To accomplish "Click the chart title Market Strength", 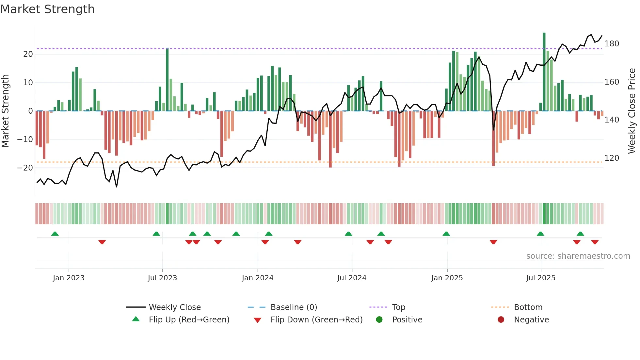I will [47, 9].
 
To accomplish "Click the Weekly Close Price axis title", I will [632, 111].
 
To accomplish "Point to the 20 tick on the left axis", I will [28, 54].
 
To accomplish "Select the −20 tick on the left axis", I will [25, 168].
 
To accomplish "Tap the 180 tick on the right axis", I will [612, 44].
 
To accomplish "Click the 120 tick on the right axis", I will [612, 158].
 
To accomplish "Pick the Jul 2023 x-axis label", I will [162, 278].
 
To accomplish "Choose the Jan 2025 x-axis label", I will [447, 278].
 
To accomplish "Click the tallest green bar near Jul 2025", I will [544, 72].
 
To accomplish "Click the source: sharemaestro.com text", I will [578, 256].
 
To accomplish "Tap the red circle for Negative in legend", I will [501, 320].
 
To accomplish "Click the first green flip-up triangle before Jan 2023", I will [55, 234].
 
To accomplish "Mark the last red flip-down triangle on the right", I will [595, 242].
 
